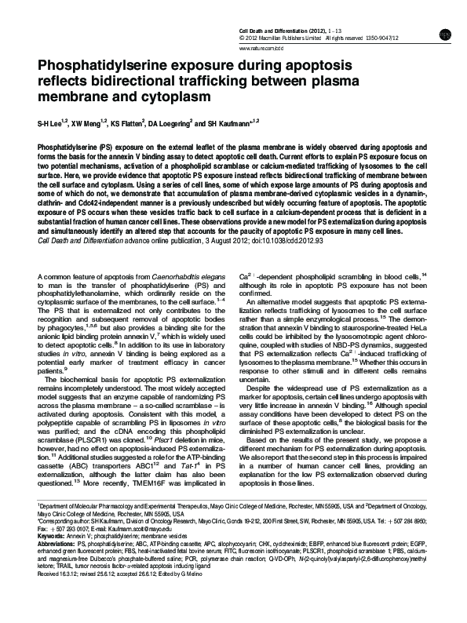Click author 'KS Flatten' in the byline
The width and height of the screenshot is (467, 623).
tap(126, 124)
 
